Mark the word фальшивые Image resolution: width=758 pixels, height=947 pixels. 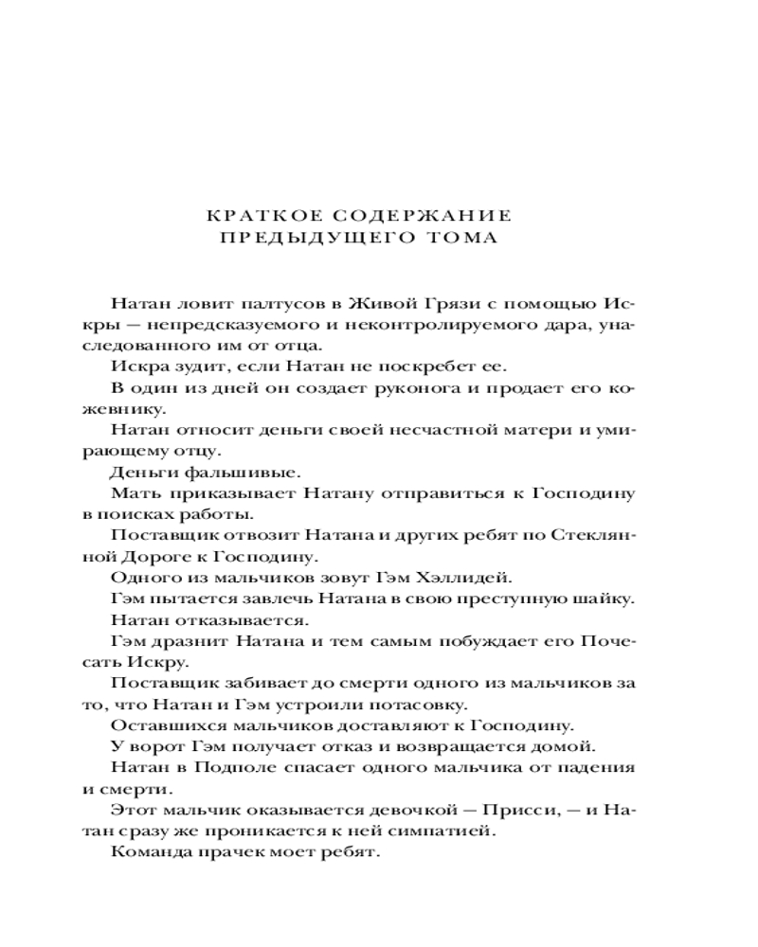tap(218, 473)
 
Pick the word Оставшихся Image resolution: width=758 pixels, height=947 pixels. tap(158, 725)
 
